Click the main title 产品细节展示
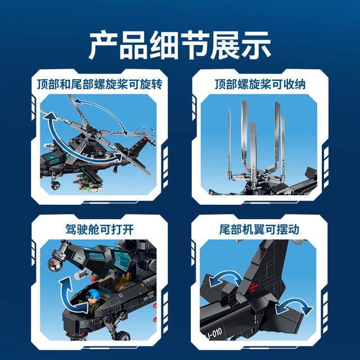coord(180,46)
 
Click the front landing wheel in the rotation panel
coord(57,184)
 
